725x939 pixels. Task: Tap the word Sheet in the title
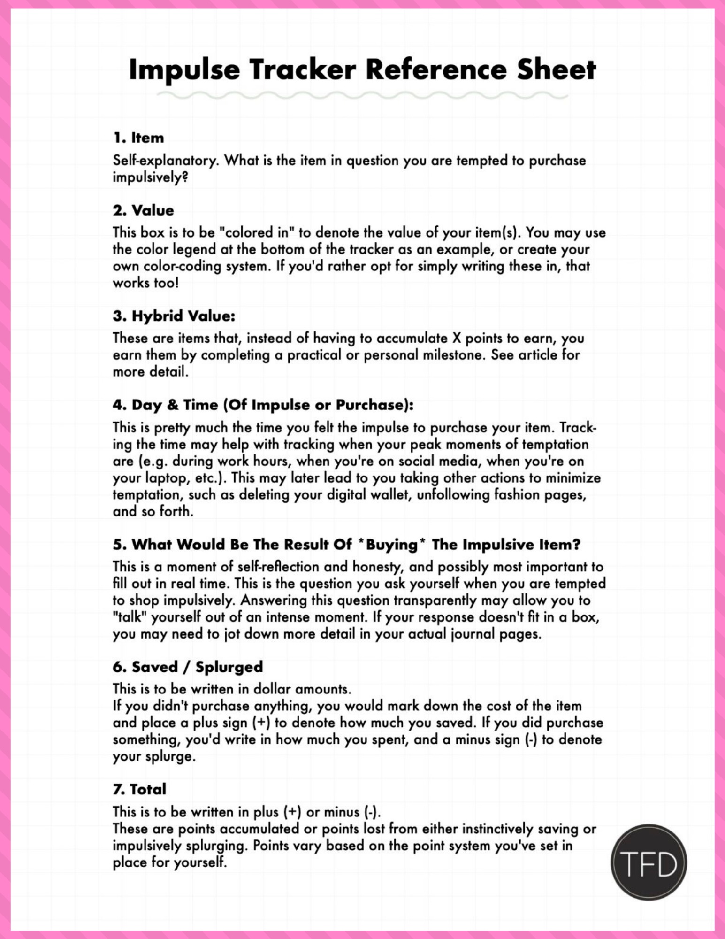click(x=556, y=70)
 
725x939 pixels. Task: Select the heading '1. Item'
click(x=138, y=138)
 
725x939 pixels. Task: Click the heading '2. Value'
click(x=143, y=210)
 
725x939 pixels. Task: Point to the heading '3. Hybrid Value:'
click(x=174, y=316)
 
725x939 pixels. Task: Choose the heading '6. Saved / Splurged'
click(x=188, y=667)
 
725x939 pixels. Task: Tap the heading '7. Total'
click(x=139, y=789)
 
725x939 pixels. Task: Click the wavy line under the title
click(x=362, y=96)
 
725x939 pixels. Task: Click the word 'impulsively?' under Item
click(x=150, y=177)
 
